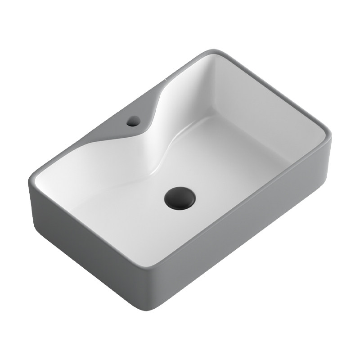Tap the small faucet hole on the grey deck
coord(134,121)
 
